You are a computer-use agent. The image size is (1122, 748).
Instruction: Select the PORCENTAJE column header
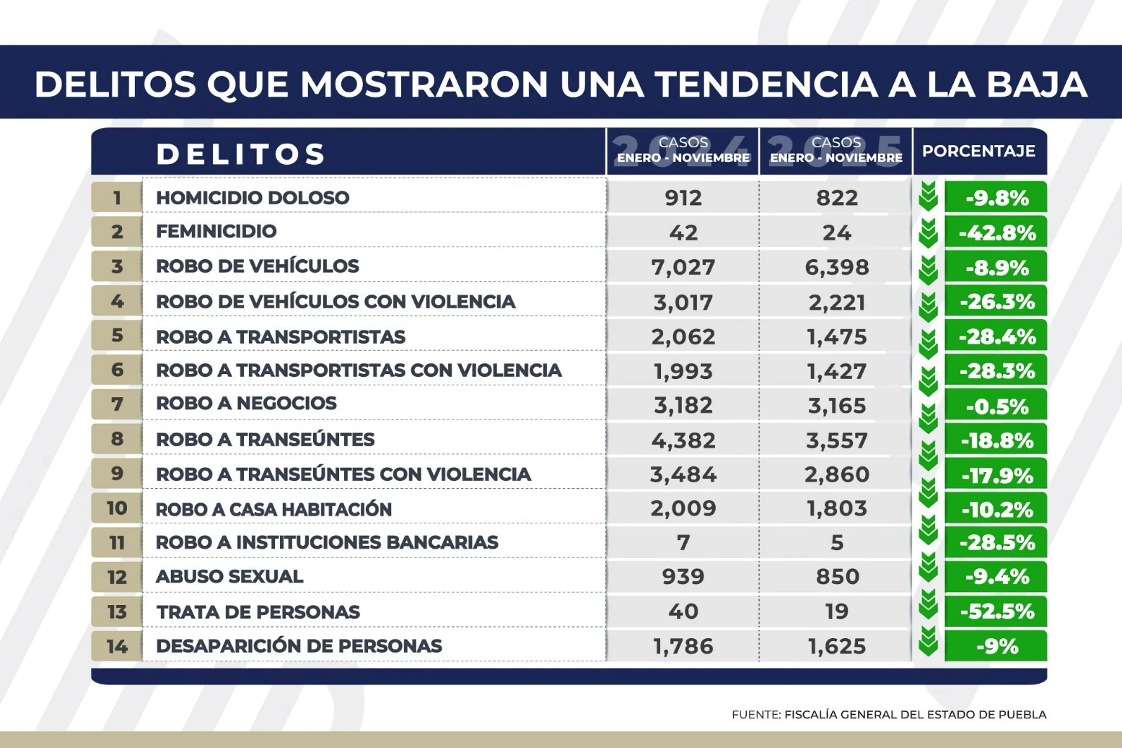[978, 152]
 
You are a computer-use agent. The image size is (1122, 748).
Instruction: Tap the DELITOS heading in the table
[241, 154]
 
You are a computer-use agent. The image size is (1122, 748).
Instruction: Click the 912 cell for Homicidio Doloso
[683, 198]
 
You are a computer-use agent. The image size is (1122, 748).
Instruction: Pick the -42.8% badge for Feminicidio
[996, 232]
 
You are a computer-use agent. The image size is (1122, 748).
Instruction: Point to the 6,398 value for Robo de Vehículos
[836, 267]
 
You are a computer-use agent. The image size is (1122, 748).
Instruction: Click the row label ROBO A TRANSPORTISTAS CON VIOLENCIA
[359, 370]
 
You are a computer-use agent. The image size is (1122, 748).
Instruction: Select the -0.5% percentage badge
[996, 406]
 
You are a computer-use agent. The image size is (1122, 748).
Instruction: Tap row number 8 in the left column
[117, 439]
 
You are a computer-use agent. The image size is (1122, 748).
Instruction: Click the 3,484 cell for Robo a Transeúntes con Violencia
[683, 474]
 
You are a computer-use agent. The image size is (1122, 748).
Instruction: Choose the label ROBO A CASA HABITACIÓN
[273, 509]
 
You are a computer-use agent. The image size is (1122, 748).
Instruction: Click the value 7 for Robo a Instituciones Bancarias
[683, 542]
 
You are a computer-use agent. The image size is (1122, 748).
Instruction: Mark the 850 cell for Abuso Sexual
[836, 577]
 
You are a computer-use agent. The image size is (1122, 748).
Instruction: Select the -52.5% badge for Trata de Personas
[996, 612]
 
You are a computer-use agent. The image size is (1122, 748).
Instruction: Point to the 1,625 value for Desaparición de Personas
[836, 646]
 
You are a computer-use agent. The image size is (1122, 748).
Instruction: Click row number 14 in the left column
[117, 646]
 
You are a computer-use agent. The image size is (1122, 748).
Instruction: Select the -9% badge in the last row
[996, 646]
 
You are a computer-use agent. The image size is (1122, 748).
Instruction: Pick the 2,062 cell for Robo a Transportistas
[683, 337]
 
